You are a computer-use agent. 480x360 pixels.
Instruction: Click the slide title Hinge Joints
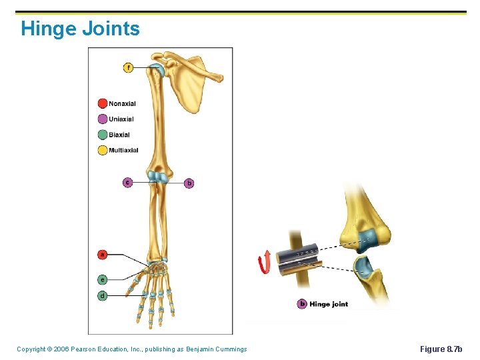(x=80, y=29)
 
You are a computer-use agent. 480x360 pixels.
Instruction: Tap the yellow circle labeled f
(x=128, y=67)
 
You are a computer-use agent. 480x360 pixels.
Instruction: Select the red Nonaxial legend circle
(x=103, y=103)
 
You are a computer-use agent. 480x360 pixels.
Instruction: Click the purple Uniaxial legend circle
(x=103, y=119)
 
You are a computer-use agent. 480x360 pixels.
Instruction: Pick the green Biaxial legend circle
(x=103, y=135)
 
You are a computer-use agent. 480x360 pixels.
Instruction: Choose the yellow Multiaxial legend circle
(x=103, y=150)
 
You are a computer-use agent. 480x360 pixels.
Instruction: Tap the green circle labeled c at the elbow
(x=128, y=182)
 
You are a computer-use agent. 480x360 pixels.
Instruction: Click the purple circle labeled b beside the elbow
(x=189, y=182)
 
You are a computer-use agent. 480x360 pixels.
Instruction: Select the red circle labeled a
(x=103, y=254)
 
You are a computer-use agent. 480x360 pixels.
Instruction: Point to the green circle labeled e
(x=103, y=279)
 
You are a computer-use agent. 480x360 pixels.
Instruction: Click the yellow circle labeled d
(x=103, y=295)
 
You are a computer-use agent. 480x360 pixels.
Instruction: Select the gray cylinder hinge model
(x=299, y=257)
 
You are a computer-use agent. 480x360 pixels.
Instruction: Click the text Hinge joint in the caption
(x=329, y=305)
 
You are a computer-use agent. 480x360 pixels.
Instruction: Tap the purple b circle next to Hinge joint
(x=302, y=305)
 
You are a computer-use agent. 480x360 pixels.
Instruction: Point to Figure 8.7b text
(x=441, y=349)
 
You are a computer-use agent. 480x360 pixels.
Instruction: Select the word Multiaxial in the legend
(x=123, y=150)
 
